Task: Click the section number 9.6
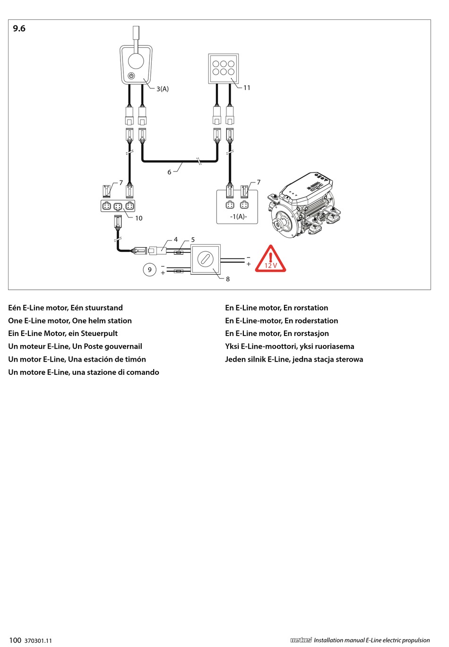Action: click(x=19, y=29)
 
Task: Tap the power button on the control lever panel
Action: click(x=131, y=76)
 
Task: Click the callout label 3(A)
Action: click(x=163, y=89)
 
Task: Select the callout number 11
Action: click(x=247, y=87)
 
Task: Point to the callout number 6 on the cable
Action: click(x=169, y=172)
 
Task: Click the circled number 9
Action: click(x=150, y=270)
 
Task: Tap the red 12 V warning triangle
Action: click(x=270, y=259)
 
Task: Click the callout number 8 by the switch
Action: click(x=228, y=279)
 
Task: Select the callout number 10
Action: click(x=138, y=218)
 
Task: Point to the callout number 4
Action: click(x=176, y=240)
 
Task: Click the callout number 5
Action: click(x=193, y=240)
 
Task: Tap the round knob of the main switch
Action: click(x=206, y=259)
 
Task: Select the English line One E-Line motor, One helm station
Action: click(x=70, y=320)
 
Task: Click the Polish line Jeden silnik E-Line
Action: click(x=294, y=359)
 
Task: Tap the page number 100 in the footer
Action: click(x=15, y=640)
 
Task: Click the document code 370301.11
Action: click(x=38, y=640)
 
